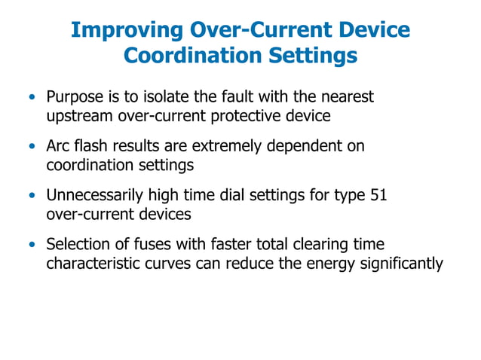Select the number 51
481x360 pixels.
point(380,195)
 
